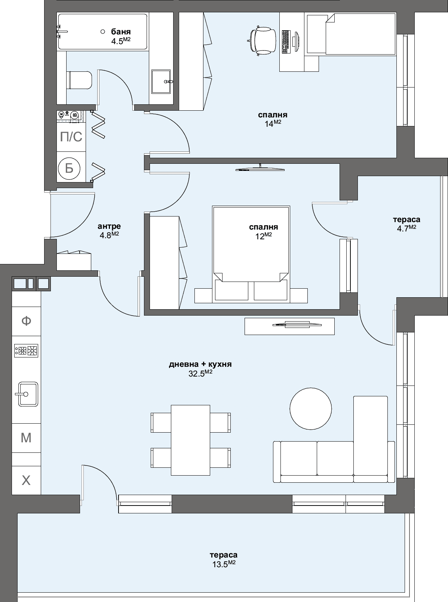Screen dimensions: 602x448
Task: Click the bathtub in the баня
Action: coord(86,32)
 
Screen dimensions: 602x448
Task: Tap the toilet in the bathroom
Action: coord(79,80)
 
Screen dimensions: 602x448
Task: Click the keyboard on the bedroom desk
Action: coord(286,41)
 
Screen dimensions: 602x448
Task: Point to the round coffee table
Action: coord(311,408)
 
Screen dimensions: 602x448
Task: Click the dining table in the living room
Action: coord(191,440)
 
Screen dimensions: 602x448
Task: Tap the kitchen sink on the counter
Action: coord(27,394)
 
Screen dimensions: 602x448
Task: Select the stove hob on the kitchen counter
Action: coord(26,351)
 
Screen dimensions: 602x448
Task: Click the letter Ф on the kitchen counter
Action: coord(26,321)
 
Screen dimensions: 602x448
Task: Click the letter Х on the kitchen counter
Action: coord(26,480)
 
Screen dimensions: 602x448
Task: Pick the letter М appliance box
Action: coord(26,437)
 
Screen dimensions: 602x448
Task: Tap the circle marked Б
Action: coord(70,168)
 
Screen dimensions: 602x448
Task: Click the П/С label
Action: coord(71,137)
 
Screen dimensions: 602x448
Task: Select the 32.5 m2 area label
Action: coord(200,374)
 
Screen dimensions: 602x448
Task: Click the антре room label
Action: coord(109,226)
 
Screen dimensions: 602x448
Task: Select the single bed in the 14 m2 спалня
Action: coord(350,34)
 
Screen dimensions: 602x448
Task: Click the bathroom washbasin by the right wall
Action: coord(161,82)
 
